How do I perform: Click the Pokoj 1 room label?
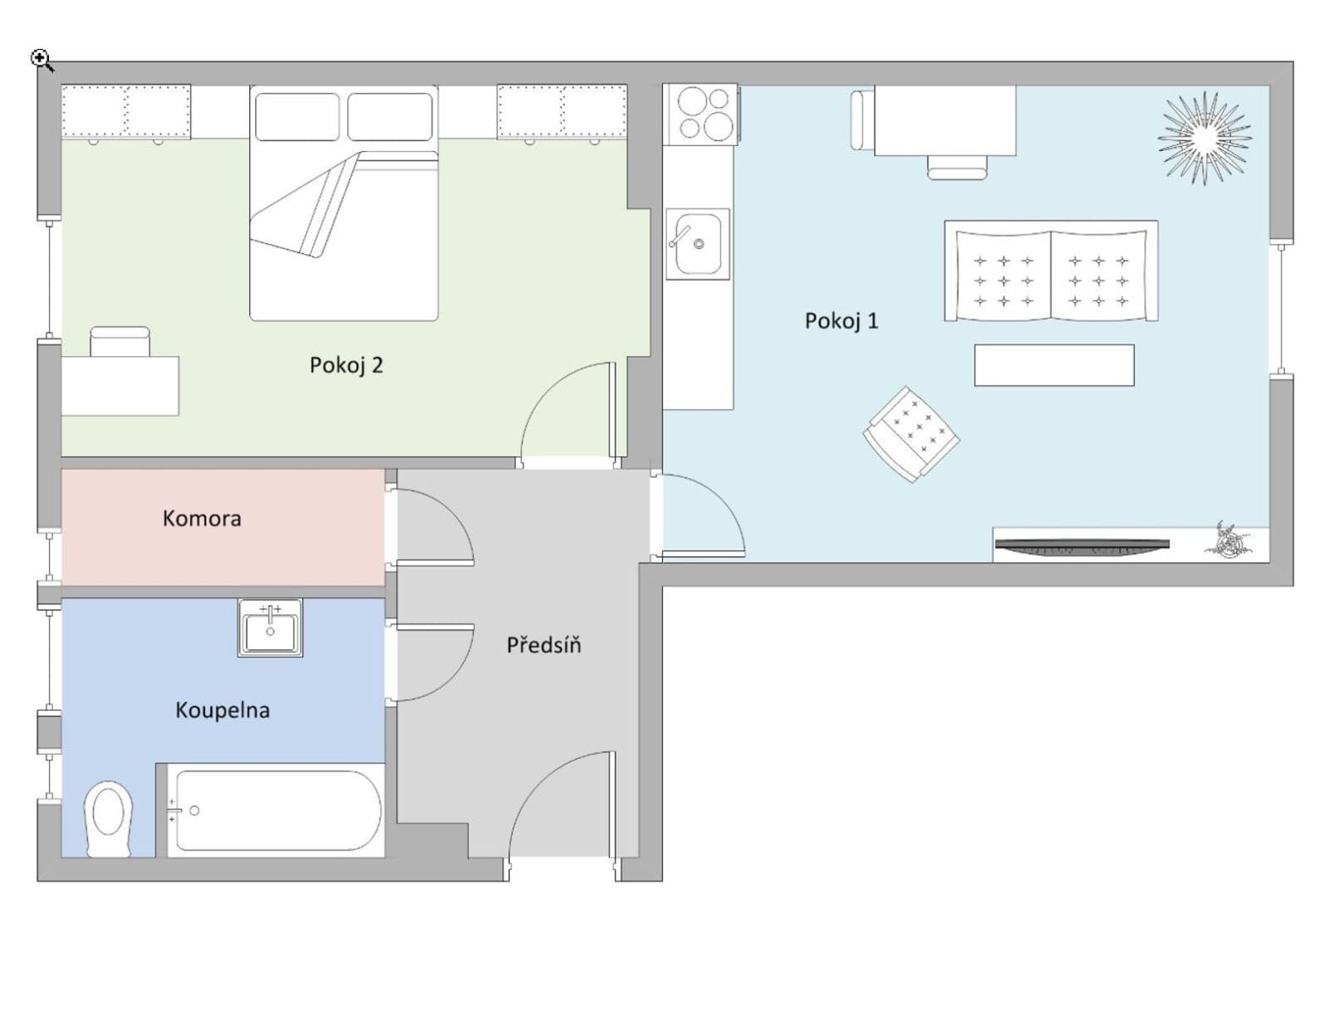[841, 321]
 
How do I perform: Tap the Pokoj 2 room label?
[346, 365]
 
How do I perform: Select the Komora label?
[202, 518]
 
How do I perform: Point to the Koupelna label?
[222, 710]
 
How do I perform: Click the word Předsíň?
[544, 646]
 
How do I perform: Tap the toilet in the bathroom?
[109, 818]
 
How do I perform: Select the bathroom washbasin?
[270, 628]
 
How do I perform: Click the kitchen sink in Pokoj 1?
[697, 244]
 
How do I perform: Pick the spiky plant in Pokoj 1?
[1204, 138]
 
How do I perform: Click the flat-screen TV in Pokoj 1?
[1082, 548]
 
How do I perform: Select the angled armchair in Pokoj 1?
[911, 434]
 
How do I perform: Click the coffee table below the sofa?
[1054, 365]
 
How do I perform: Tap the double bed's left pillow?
[296, 116]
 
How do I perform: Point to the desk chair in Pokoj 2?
[120, 342]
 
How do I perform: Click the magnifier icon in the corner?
[41, 60]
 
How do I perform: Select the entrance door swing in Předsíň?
[557, 802]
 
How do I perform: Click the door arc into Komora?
[439, 523]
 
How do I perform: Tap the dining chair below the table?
[957, 167]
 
